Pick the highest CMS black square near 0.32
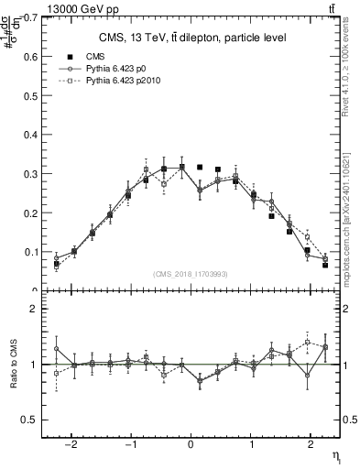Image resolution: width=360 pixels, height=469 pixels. [200, 167]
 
